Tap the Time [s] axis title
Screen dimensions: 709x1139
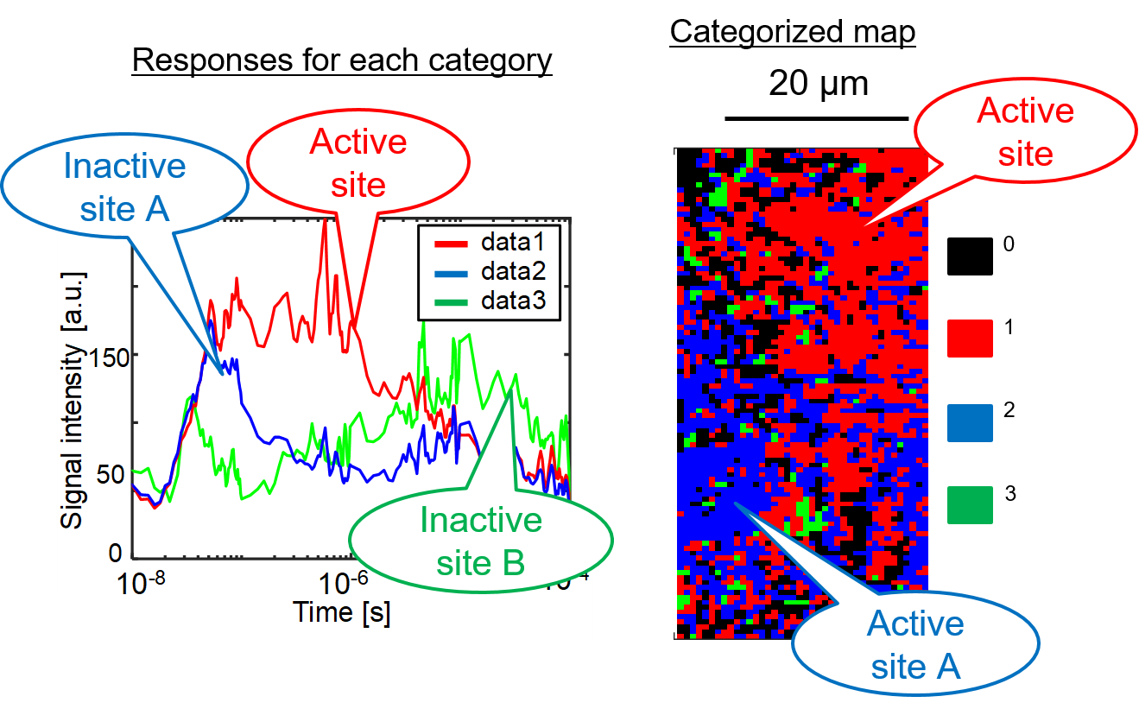coord(340,612)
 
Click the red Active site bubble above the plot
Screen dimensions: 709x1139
coord(358,161)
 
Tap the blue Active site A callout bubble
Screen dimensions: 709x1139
coord(915,644)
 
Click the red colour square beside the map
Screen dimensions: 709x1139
coord(970,339)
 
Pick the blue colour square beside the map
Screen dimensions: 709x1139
coord(970,423)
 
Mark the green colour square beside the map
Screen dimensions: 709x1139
coord(970,505)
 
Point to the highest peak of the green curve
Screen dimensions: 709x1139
coord(424,324)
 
